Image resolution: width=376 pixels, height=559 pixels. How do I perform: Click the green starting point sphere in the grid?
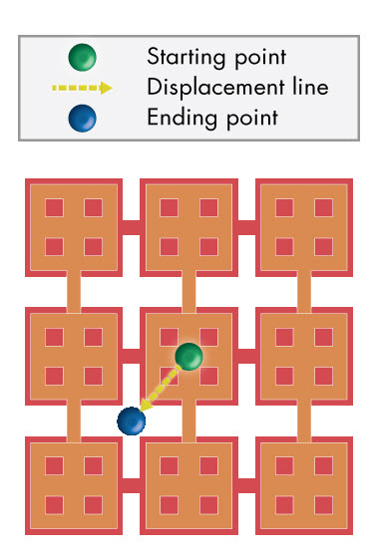(x=189, y=356)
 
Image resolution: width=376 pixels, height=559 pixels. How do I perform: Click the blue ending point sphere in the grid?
(x=131, y=420)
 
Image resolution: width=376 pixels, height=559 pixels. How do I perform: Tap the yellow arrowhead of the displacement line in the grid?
(x=147, y=404)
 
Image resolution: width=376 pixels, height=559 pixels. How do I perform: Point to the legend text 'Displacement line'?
(x=237, y=87)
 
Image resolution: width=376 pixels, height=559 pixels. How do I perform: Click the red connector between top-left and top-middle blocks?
(x=131, y=227)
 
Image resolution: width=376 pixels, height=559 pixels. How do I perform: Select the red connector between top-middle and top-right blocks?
(x=246, y=227)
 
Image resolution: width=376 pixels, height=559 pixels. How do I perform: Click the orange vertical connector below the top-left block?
(x=73, y=291)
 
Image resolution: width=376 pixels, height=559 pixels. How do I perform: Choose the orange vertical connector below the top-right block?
(x=304, y=291)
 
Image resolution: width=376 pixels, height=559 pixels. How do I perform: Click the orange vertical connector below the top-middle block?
(x=188, y=291)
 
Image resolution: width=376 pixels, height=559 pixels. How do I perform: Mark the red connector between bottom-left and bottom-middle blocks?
(x=131, y=485)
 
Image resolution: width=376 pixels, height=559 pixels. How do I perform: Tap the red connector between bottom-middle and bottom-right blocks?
(x=246, y=485)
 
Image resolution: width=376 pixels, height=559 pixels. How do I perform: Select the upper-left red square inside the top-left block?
(x=54, y=207)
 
